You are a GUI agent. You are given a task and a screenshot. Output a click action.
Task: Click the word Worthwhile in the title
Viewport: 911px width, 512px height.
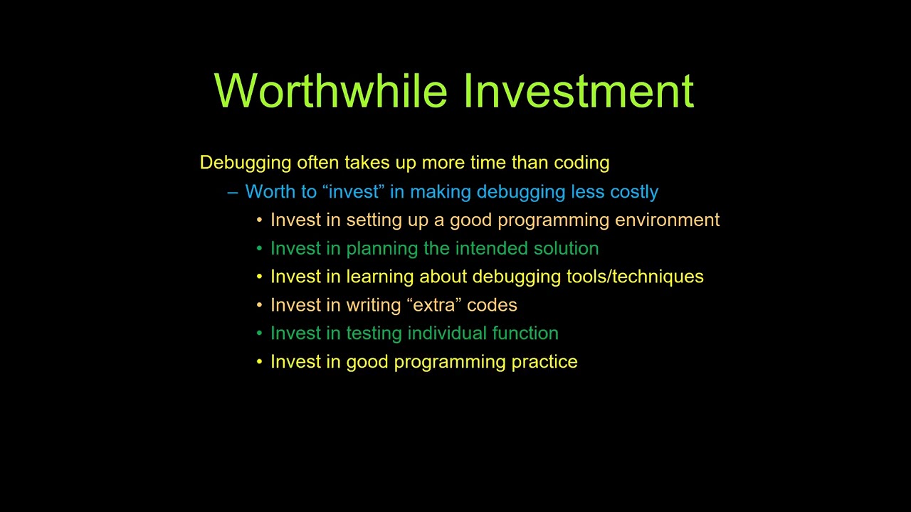click(331, 91)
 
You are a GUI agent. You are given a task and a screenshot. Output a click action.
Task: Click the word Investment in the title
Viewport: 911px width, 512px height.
click(579, 91)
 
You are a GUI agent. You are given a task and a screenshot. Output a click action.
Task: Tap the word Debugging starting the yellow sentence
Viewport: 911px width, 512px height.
click(246, 163)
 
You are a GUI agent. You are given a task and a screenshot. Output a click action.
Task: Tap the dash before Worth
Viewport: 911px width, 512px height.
click(232, 192)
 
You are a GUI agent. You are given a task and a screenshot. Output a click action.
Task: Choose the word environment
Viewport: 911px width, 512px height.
click(667, 220)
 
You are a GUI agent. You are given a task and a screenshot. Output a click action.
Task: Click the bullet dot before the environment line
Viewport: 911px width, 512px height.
click(260, 220)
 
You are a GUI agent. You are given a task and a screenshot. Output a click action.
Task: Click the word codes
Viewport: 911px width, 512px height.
click(492, 305)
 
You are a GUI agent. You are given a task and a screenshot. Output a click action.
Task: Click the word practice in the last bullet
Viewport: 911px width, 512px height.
click(544, 362)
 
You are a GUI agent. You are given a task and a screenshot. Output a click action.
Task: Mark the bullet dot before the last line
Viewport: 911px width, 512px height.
click(260, 362)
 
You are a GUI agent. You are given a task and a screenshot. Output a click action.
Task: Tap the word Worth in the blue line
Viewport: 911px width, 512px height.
click(268, 192)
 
